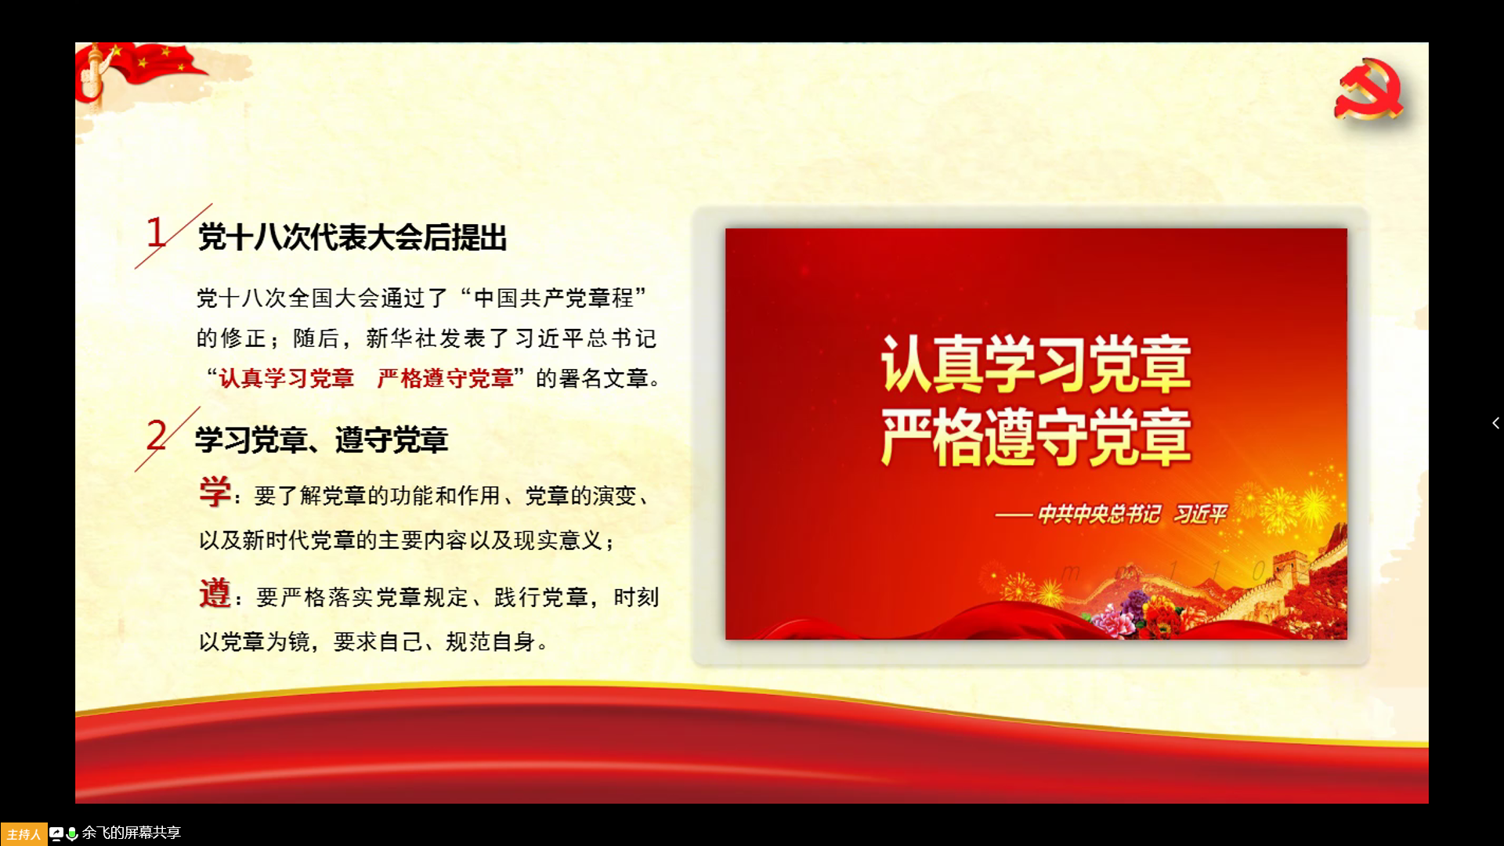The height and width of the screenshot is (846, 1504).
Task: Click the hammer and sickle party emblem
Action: point(1369,89)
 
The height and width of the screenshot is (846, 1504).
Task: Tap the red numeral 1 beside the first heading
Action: point(156,233)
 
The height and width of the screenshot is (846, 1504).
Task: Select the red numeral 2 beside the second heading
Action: point(157,435)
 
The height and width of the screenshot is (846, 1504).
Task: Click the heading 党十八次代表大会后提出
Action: point(352,237)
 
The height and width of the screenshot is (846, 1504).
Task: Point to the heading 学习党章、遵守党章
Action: point(321,439)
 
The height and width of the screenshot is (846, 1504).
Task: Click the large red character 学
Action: point(215,492)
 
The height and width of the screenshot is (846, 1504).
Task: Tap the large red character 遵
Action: point(215,593)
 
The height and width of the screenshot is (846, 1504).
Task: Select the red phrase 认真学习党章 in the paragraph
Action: point(287,378)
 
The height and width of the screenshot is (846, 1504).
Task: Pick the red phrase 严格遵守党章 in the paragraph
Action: point(445,378)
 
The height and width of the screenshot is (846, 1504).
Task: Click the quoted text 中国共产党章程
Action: point(554,298)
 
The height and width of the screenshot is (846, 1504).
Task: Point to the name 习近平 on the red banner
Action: point(1200,514)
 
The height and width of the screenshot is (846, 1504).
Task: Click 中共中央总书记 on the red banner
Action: point(1099,514)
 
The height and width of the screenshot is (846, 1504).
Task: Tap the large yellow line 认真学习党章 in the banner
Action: point(1036,363)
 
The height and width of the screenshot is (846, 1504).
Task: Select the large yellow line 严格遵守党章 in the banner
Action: point(1036,436)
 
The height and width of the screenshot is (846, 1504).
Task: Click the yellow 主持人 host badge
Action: point(23,833)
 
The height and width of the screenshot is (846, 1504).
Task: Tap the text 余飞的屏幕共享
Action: point(132,833)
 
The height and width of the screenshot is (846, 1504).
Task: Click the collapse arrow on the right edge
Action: point(1495,423)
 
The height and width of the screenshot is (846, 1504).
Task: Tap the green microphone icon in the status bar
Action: point(72,833)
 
